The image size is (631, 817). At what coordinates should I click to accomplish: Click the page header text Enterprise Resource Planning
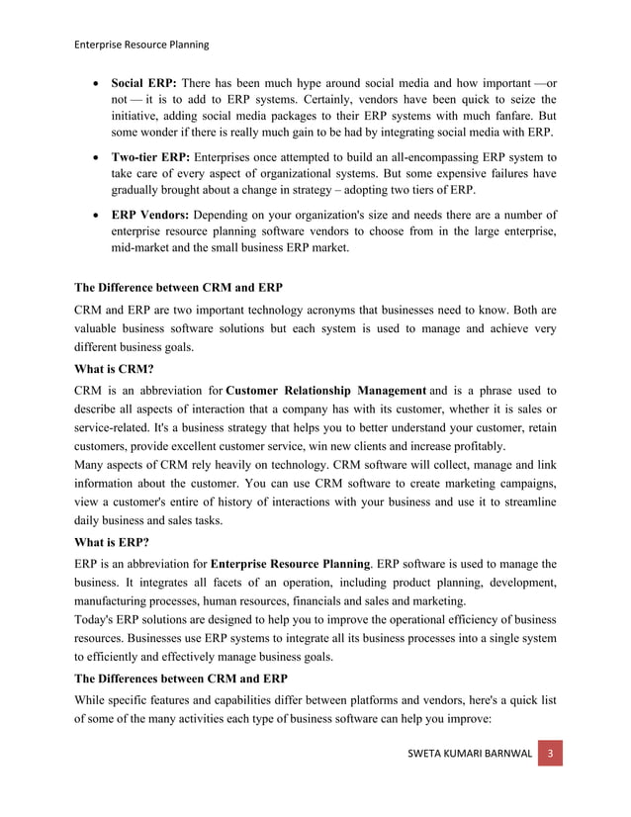(141, 45)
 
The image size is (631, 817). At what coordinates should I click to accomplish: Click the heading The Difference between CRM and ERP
(179, 288)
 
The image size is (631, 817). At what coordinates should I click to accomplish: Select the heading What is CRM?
(114, 368)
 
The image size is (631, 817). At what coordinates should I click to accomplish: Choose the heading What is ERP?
(113, 542)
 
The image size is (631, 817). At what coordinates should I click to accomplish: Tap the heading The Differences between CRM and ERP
(182, 680)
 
